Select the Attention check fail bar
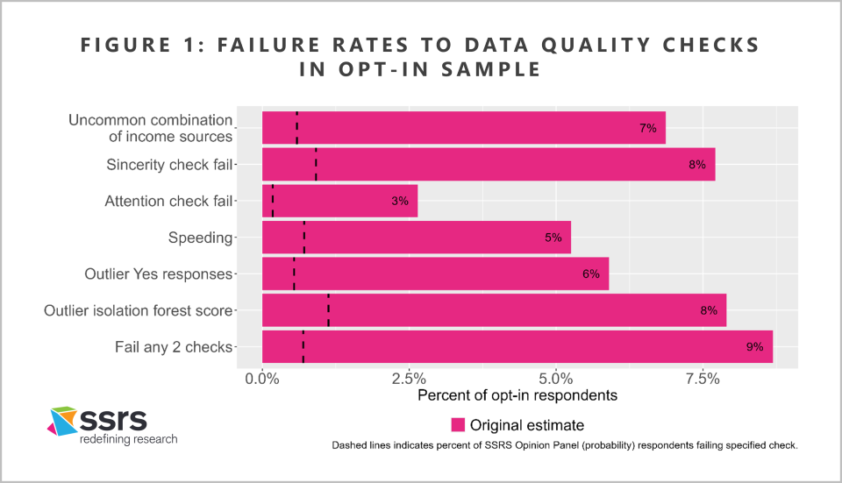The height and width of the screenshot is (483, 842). pos(339,201)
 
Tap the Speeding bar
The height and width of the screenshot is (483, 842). pos(417,237)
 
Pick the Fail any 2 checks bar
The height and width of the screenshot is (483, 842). pos(517,346)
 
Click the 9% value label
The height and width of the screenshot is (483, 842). pos(754,347)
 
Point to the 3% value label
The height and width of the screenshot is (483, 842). pos(400,202)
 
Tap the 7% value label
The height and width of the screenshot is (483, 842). pos(648,128)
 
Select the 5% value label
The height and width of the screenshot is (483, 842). pos(553,238)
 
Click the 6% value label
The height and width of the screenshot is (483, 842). pos(590,274)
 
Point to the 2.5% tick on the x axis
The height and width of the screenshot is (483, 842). pos(409,378)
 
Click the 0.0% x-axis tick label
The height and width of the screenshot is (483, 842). pos(262,378)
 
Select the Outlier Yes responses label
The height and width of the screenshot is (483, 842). pos(159,274)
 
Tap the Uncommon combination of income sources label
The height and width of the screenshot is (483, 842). pos(151,128)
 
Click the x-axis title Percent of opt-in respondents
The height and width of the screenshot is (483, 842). pos(517,395)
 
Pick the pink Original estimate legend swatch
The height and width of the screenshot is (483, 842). pos(457,425)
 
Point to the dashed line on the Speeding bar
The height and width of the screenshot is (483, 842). pos(303,237)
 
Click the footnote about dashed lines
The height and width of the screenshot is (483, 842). pos(564,446)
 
